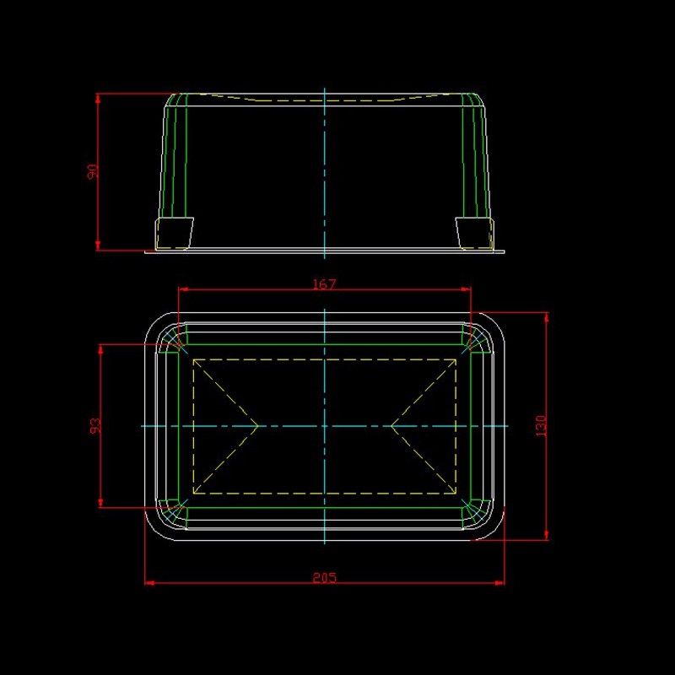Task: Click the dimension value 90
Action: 93,171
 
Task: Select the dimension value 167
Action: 324,284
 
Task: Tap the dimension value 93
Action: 95,425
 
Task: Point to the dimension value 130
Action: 541,426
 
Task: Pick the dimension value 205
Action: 325,577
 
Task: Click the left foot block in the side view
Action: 174,234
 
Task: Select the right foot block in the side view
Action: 474,234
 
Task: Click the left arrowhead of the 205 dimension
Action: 149,583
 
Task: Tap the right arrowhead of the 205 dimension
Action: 499,583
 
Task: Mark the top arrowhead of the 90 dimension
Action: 98,98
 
